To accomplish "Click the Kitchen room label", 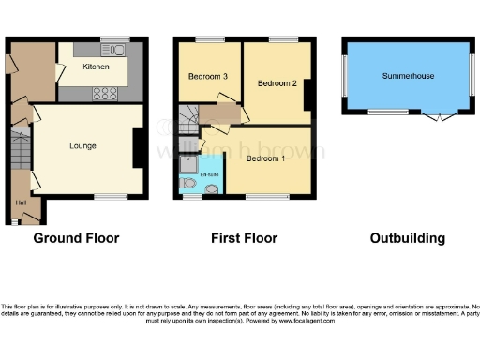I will (96, 67).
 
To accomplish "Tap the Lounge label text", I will (82, 145).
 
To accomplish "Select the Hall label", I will (20, 202).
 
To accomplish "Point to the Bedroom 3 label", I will (202, 77).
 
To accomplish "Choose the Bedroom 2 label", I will (277, 83).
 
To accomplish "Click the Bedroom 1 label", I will (266, 158).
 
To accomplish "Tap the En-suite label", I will (211, 174).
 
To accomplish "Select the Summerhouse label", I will (408, 76).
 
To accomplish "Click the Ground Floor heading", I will (76, 238).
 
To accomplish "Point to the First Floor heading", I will (245, 238).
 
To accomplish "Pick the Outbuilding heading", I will (406, 238).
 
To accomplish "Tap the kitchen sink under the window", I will (114, 50).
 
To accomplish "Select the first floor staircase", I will (189, 114).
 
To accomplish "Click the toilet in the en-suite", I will (211, 188).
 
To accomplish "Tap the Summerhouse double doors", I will (437, 114).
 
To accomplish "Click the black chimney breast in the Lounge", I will (138, 144).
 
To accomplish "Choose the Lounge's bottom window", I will (111, 196).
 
